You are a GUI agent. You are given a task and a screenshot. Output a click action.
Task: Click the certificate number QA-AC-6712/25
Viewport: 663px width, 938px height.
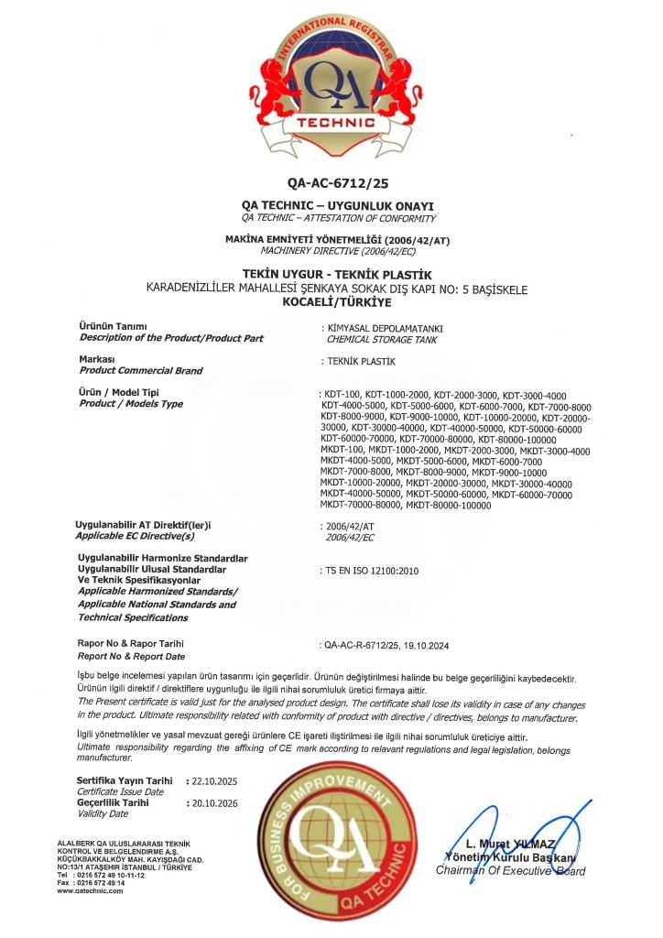click(331, 183)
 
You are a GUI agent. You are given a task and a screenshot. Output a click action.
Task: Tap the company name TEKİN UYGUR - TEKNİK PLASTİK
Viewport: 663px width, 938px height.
click(331, 275)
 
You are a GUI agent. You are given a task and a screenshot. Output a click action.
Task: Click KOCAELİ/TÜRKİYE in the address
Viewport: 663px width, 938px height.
click(331, 301)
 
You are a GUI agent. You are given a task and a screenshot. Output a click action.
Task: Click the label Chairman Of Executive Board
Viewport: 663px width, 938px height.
click(510, 870)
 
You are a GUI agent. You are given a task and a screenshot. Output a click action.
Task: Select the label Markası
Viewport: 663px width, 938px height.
click(97, 360)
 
